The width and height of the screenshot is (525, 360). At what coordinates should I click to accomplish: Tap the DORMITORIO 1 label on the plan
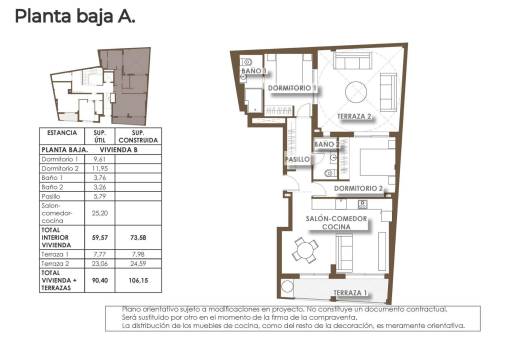(x=292, y=88)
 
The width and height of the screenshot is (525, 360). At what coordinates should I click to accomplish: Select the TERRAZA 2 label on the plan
(x=355, y=116)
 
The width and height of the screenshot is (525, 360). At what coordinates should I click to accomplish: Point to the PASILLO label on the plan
(x=296, y=158)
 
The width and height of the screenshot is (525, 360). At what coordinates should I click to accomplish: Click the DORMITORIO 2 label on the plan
(x=359, y=188)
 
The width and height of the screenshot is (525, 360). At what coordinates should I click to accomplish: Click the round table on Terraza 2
(x=358, y=96)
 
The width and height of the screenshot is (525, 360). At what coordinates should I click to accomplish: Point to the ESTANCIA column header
(x=62, y=135)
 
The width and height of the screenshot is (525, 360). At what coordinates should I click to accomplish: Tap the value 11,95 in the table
(x=99, y=168)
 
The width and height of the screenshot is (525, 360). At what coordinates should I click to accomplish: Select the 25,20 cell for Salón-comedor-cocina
(x=99, y=213)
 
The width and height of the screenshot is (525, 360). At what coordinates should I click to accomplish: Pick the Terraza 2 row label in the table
(x=56, y=263)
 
